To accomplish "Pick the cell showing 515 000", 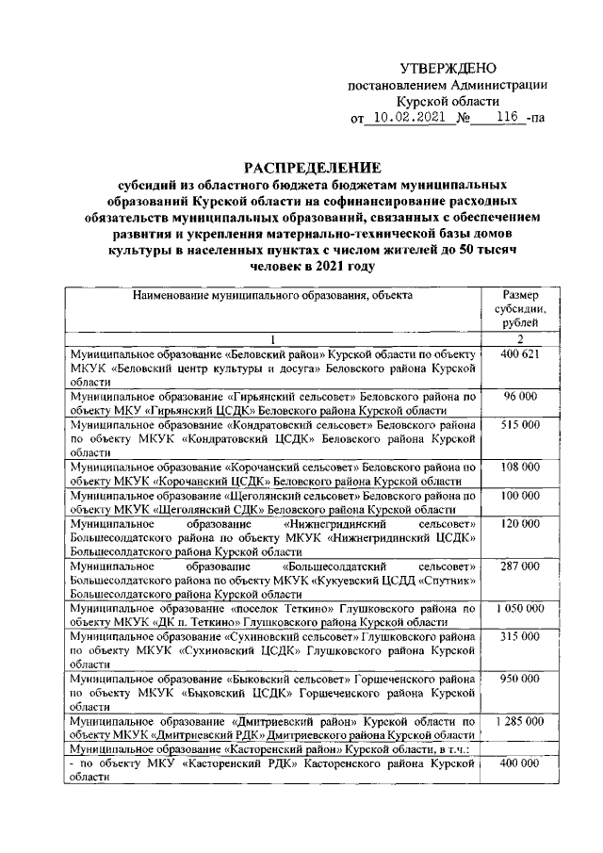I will (x=519, y=425).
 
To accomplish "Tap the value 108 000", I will (x=519, y=467).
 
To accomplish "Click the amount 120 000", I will (x=519, y=523).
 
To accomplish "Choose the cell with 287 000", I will (x=519, y=566).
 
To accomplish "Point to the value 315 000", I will (x=519, y=637).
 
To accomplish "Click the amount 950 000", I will (x=519, y=679).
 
